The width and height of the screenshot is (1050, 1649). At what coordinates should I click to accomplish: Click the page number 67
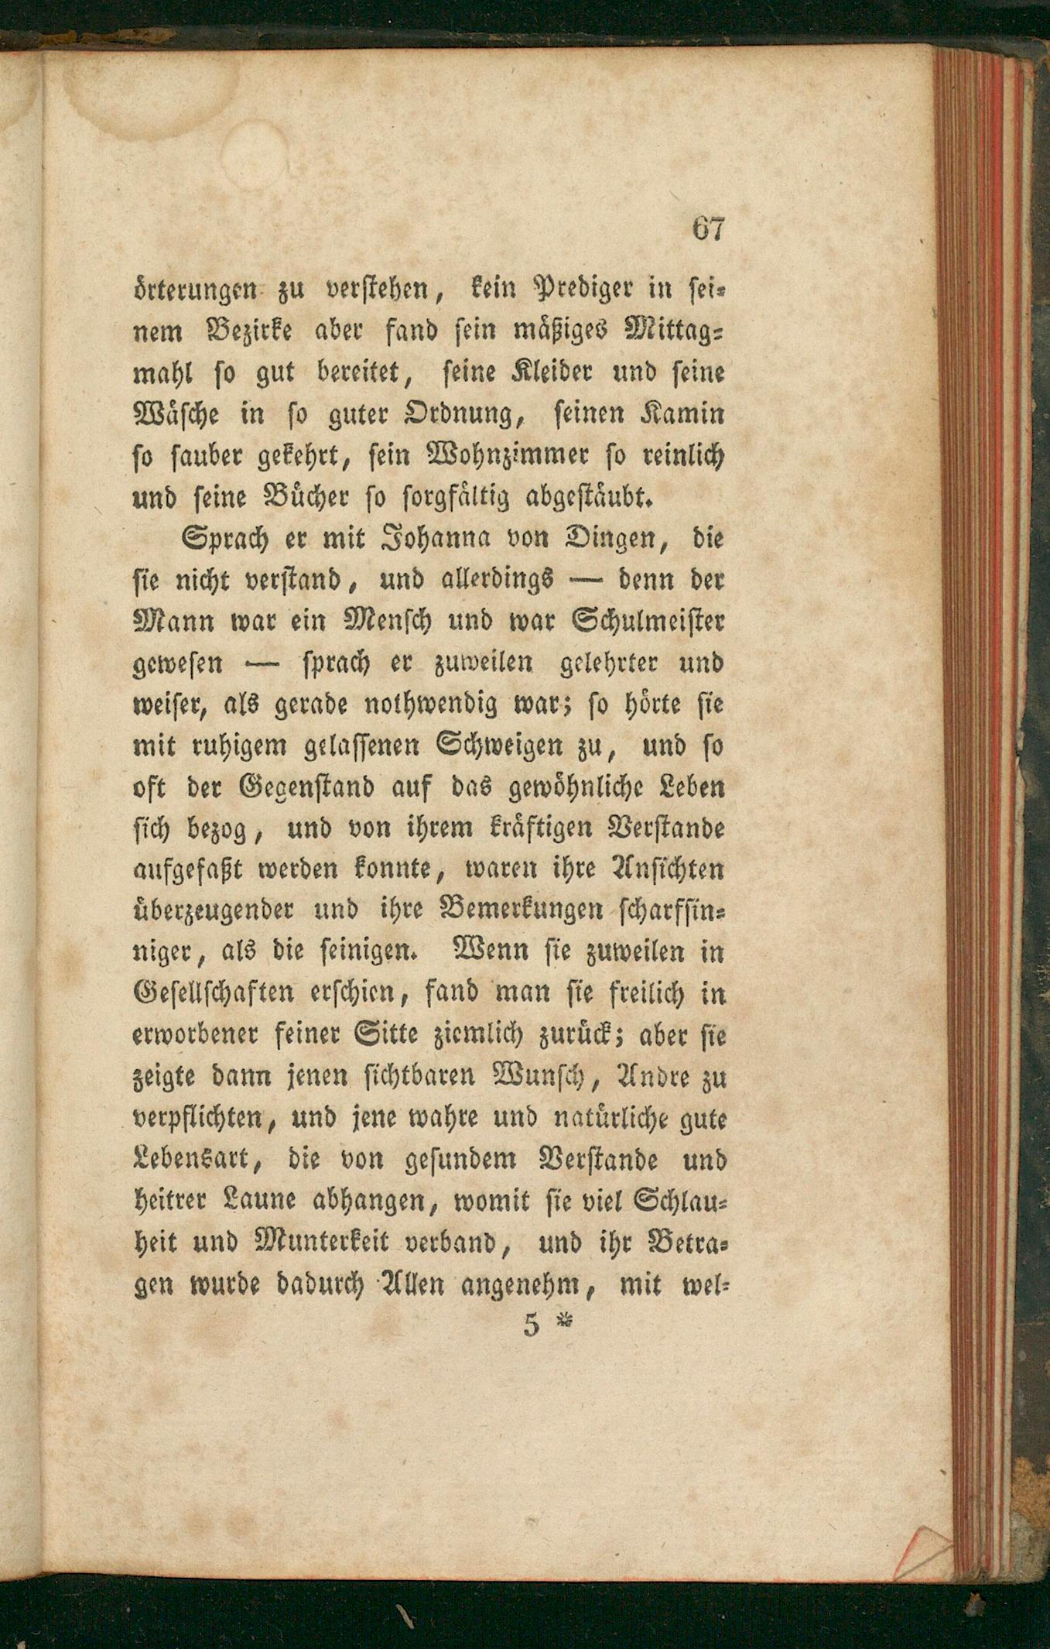[x=708, y=230]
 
